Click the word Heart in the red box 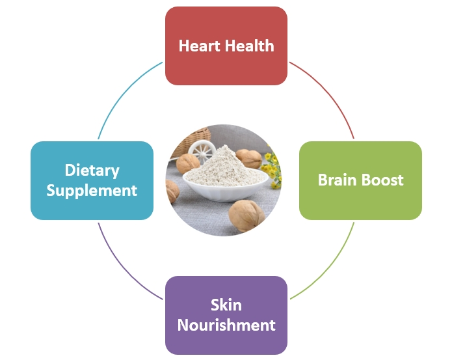click(x=200, y=46)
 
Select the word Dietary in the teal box click(x=92, y=171)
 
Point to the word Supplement click(x=92, y=191)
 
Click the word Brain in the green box click(x=338, y=180)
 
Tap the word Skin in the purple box click(x=226, y=305)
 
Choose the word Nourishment click(x=226, y=325)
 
